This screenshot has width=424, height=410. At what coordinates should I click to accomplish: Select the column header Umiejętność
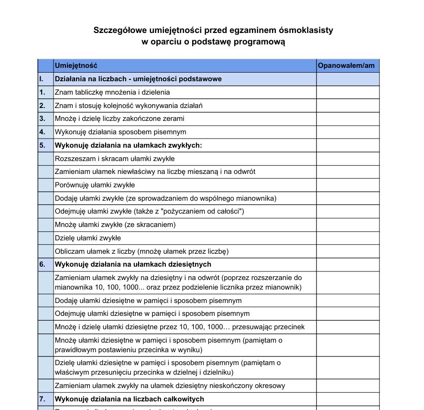click(76, 65)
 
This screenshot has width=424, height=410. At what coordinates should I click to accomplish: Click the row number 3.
click(43, 119)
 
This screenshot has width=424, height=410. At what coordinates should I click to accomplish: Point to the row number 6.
click(43, 264)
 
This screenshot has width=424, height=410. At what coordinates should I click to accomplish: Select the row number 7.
click(43, 399)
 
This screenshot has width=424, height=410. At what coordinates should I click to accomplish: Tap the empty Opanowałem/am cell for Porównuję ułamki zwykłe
click(348, 185)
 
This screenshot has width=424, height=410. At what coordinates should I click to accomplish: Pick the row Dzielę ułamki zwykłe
click(88, 238)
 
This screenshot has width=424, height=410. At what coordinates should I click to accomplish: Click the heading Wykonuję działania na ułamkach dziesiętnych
click(133, 264)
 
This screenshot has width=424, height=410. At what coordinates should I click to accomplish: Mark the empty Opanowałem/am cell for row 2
click(348, 106)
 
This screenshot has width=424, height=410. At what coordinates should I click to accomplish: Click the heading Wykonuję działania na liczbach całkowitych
click(129, 399)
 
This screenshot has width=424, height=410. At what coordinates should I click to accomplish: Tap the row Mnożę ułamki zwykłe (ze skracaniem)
click(115, 225)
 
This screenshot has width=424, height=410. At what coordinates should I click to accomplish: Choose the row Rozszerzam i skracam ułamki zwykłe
click(115, 159)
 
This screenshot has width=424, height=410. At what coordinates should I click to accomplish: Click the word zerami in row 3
click(173, 119)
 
